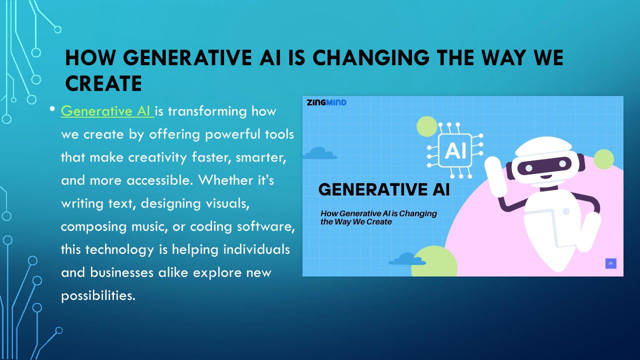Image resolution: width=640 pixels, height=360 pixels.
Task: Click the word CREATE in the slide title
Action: [x=103, y=83]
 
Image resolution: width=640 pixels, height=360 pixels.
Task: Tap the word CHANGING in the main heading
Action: [x=371, y=57]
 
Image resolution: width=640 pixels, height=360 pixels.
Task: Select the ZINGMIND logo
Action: [x=326, y=102]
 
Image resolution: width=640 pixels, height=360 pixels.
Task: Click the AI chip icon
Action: [x=455, y=150]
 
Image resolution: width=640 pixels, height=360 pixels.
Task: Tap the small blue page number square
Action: [x=611, y=263]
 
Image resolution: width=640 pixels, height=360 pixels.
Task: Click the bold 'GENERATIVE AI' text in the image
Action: [x=384, y=189]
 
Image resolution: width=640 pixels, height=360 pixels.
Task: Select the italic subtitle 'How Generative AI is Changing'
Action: [x=378, y=213]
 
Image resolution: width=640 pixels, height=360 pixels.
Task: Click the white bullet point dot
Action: [x=52, y=109]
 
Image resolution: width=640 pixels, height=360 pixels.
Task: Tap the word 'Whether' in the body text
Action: [x=225, y=180]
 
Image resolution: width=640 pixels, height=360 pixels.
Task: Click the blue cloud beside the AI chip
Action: [x=320, y=153]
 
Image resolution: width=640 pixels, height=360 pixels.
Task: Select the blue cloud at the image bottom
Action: [x=407, y=259]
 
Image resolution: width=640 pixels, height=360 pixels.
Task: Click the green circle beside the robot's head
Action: [x=603, y=159]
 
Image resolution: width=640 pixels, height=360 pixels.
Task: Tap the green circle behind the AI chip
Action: [x=426, y=126]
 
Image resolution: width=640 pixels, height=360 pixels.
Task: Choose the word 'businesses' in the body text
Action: [x=121, y=272]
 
